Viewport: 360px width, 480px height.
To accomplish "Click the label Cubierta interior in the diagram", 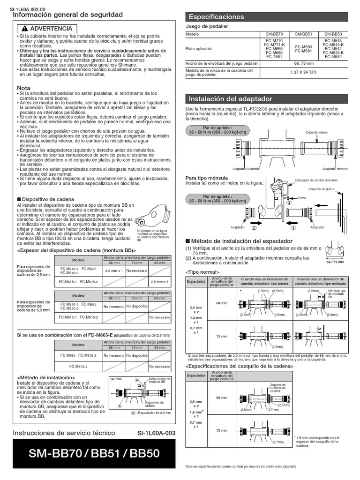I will (x=316, y=133).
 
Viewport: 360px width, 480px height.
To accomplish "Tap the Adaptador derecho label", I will (x=336, y=168).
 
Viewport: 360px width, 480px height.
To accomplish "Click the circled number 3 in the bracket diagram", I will (x=289, y=203).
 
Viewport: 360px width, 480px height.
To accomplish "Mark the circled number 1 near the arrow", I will (x=294, y=229).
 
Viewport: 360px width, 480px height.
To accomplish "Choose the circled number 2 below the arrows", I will (x=255, y=229).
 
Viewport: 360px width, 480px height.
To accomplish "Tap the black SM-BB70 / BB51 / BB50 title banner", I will (x=94, y=454).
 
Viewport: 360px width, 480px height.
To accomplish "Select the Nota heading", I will (x=23, y=88).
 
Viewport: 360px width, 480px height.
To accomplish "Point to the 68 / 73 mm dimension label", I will (x=334, y=262).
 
